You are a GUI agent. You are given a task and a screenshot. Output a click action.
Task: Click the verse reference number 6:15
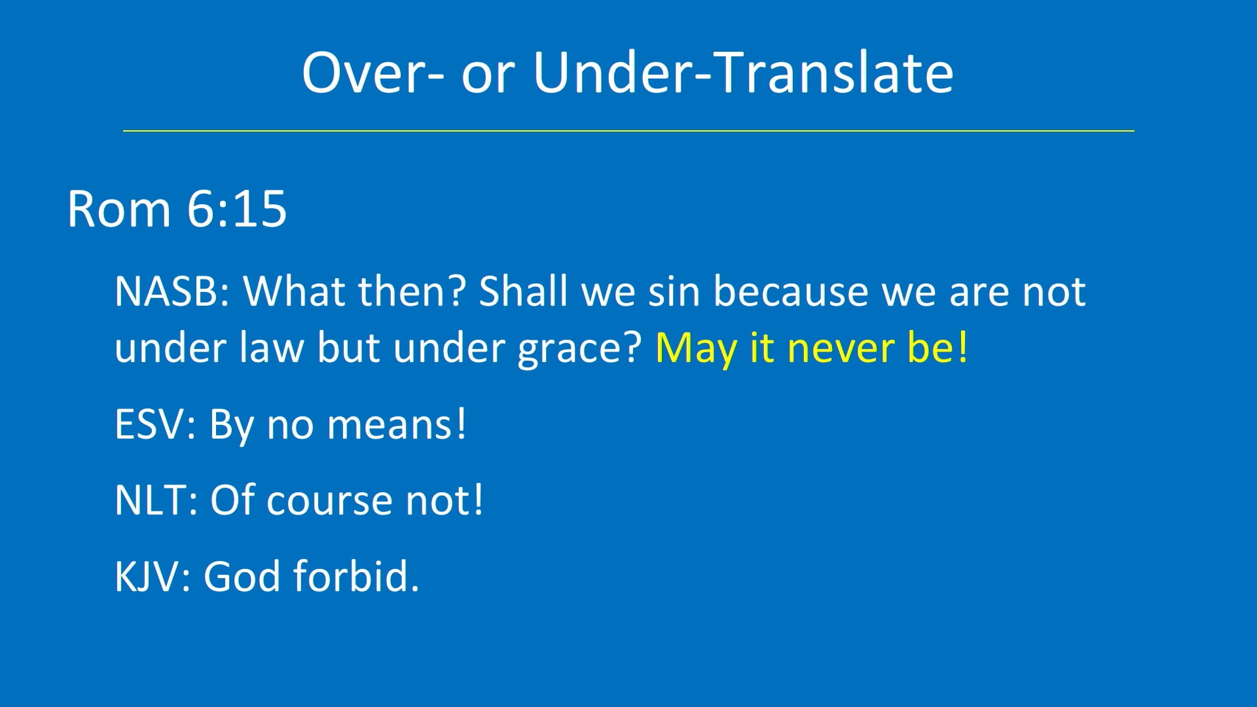[x=236, y=209]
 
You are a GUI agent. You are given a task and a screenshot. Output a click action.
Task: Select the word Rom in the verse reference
[x=118, y=209]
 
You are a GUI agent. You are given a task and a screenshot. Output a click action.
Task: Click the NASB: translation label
[x=172, y=291]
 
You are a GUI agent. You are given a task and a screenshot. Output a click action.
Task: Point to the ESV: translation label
[x=155, y=425]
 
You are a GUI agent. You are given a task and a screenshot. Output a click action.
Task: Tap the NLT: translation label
[x=156, y=501]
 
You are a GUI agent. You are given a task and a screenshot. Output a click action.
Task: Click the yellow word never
[x=841, y=348]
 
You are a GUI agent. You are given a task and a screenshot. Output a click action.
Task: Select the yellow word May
[x=696, y=348]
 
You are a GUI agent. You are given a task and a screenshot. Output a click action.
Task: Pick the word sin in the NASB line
[x=674, y=291]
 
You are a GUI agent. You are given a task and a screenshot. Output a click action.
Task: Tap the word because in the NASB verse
[x=790, y=291]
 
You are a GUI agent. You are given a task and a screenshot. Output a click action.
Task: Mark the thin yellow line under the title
[x=628, y=131]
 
